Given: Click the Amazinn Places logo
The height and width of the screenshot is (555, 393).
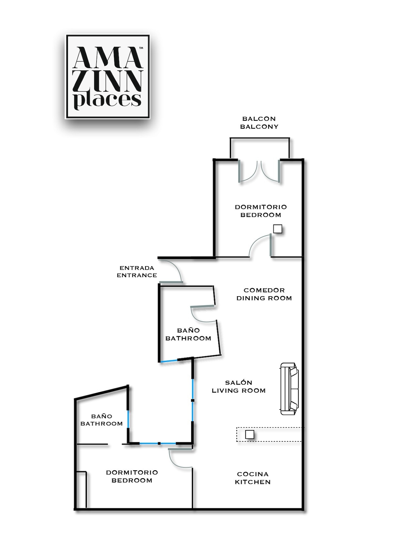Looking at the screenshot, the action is (x=108, y=77).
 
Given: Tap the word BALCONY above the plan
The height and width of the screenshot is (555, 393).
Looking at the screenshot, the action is (x=259, y=127).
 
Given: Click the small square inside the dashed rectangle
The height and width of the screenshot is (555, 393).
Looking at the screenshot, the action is (x=250, y=434).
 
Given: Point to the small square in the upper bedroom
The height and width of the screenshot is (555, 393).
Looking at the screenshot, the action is (x=277, y=229).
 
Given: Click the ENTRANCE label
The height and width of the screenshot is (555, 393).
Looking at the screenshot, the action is (x=137, y=275).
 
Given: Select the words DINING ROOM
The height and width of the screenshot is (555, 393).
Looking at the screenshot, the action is (x=264, y=298).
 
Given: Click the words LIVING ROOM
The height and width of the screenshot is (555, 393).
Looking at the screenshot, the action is (x=238, y=391).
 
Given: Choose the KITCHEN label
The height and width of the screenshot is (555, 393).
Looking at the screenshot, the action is (x=253, y=482).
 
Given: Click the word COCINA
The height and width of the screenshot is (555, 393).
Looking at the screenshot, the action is (x=253, y=474).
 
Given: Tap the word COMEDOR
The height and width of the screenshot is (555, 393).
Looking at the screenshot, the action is (x=264, y=290).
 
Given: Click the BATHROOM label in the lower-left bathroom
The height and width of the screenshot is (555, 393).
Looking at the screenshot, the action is (x=102, y=424).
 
